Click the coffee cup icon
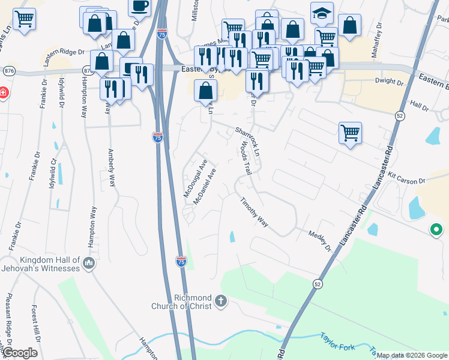pos(139,7)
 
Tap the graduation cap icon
pos(322,13)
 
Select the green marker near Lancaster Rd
pos(436,229)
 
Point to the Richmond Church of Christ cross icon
pos(221,301)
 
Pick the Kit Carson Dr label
pos(406,179)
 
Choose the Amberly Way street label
pos(111,169)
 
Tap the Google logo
pos(20,353)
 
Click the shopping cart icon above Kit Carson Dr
pos(350,133)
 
